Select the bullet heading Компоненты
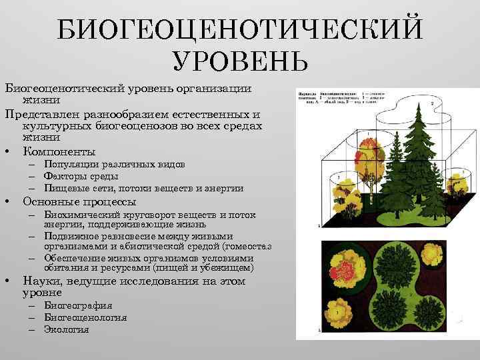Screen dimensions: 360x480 point(59,151)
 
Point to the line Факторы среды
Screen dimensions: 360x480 point(81,176)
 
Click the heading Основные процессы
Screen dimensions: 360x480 point(79,201)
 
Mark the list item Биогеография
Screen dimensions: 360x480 point(78,305)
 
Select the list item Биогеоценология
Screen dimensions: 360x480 point(85,317)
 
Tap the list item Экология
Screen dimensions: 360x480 point(66,329)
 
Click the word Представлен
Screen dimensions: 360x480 point(47,113)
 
